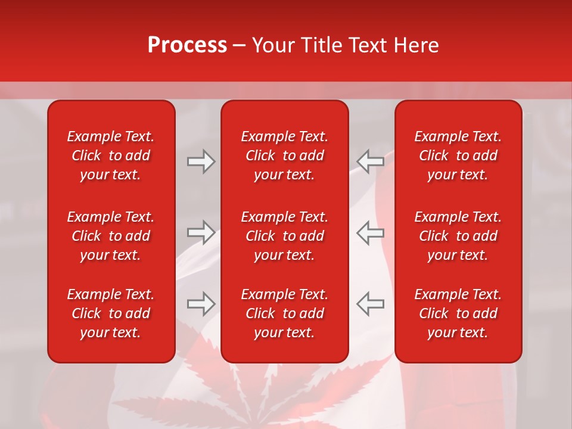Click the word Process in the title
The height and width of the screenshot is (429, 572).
(x=187, y=45)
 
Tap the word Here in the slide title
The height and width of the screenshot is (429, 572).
(x=415, y=45)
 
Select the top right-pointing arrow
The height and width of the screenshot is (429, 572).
(x=201, y=161)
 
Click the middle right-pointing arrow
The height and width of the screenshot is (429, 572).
(x=201, y=232)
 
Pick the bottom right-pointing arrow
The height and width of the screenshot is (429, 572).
(x=201, y=303)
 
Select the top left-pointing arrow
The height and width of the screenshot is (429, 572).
(x=370, y=161)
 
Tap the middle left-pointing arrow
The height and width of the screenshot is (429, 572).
(x=370, y=232)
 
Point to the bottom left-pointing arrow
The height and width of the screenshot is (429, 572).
(x=370, y=303)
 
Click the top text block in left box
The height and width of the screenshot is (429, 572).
(x=111, y=156)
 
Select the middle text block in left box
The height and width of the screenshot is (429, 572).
(x=111, y=236)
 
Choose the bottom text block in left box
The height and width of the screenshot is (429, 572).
(x=111, y=313)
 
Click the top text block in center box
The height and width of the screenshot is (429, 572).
(x=284, y=156)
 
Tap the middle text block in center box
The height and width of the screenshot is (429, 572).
(x=284, y=236)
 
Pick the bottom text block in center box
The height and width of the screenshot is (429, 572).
(x=284, y=313)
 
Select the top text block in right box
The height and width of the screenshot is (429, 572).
(x=458, y=156)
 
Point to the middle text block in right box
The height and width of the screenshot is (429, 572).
(x=458, y=236)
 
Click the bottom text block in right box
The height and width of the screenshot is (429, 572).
(x=458, y=313)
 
